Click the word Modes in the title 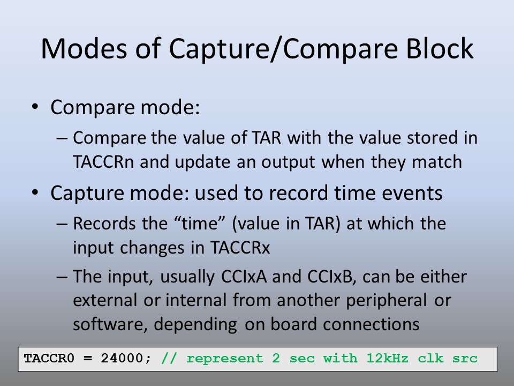[84, 49]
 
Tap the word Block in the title [440, 49]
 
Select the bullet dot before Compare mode [35, 107]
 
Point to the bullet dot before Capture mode [35, 192]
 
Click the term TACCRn [103, 162]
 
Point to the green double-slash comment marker [169, 359]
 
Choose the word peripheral [387, 301]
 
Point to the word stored [430, 138]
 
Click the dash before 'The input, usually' [62, 277]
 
